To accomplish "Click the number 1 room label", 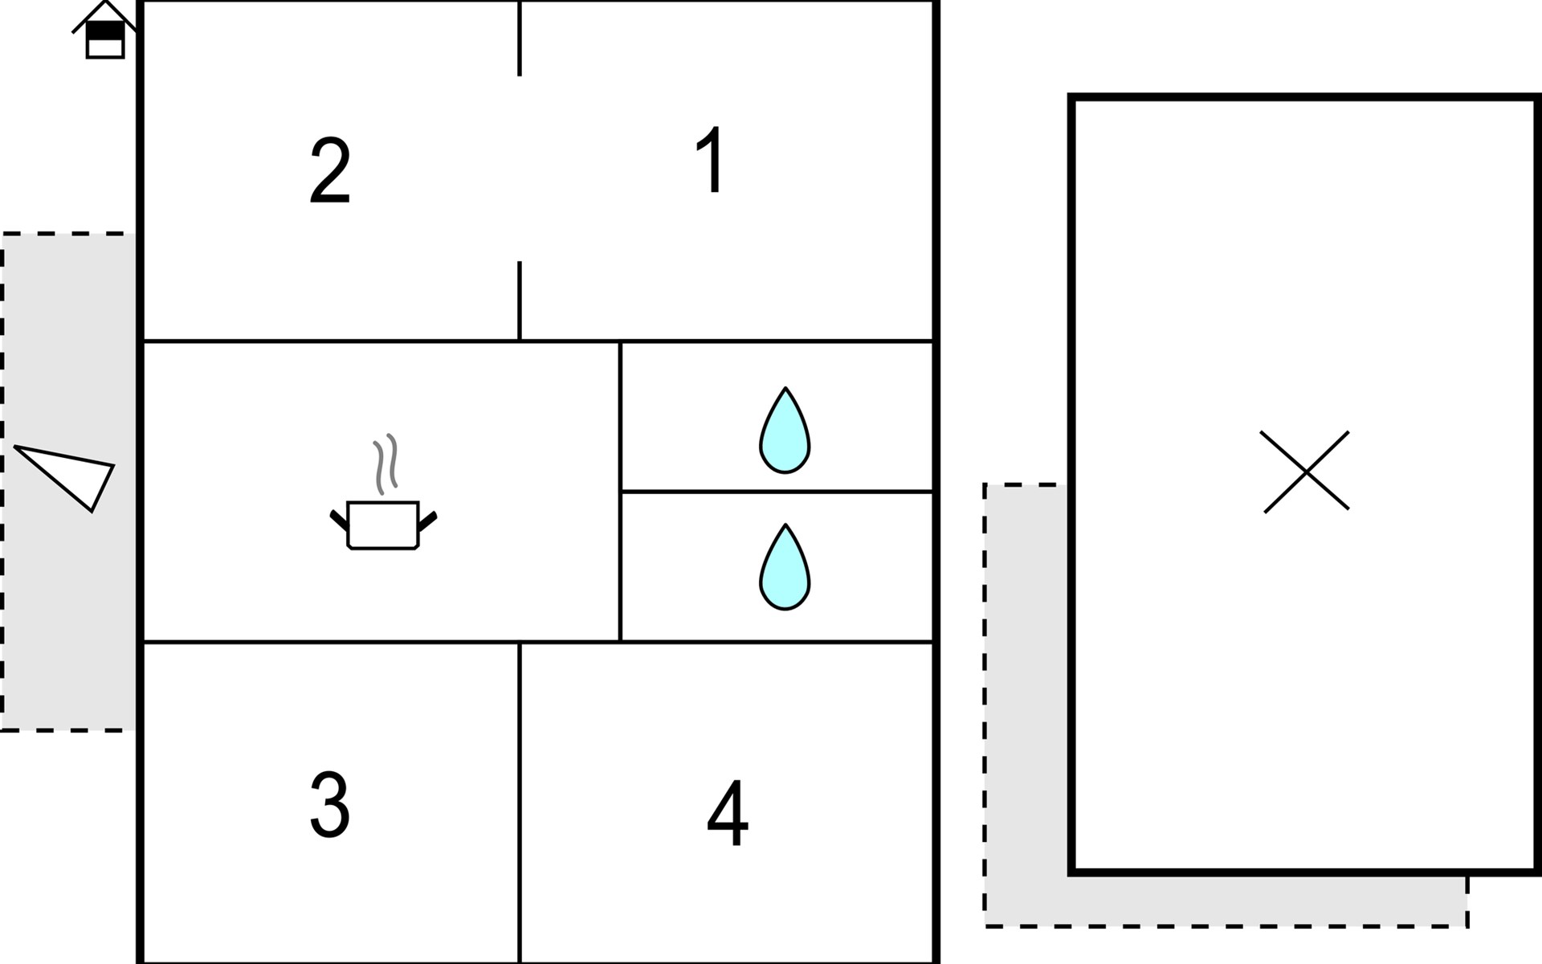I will point(712,161).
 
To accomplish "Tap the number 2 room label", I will point(330,171).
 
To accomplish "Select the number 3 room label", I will point(329,805).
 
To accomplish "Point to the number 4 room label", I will point(728,813).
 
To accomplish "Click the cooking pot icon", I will point(383,525).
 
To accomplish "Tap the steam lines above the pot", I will point(385,464).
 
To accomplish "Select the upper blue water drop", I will point(785,431).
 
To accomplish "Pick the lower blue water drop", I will point(785,568).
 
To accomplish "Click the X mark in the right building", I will point(1306,472).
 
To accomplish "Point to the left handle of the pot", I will point(339,520).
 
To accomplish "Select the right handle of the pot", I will point(428,521).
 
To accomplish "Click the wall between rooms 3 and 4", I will point(520,803).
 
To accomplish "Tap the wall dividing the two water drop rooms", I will point(777,491).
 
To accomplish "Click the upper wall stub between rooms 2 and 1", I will point(520,39).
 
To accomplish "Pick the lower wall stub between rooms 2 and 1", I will point(520,300).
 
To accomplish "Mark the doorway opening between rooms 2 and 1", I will point(520,169).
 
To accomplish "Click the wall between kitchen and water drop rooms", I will point(621,491).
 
